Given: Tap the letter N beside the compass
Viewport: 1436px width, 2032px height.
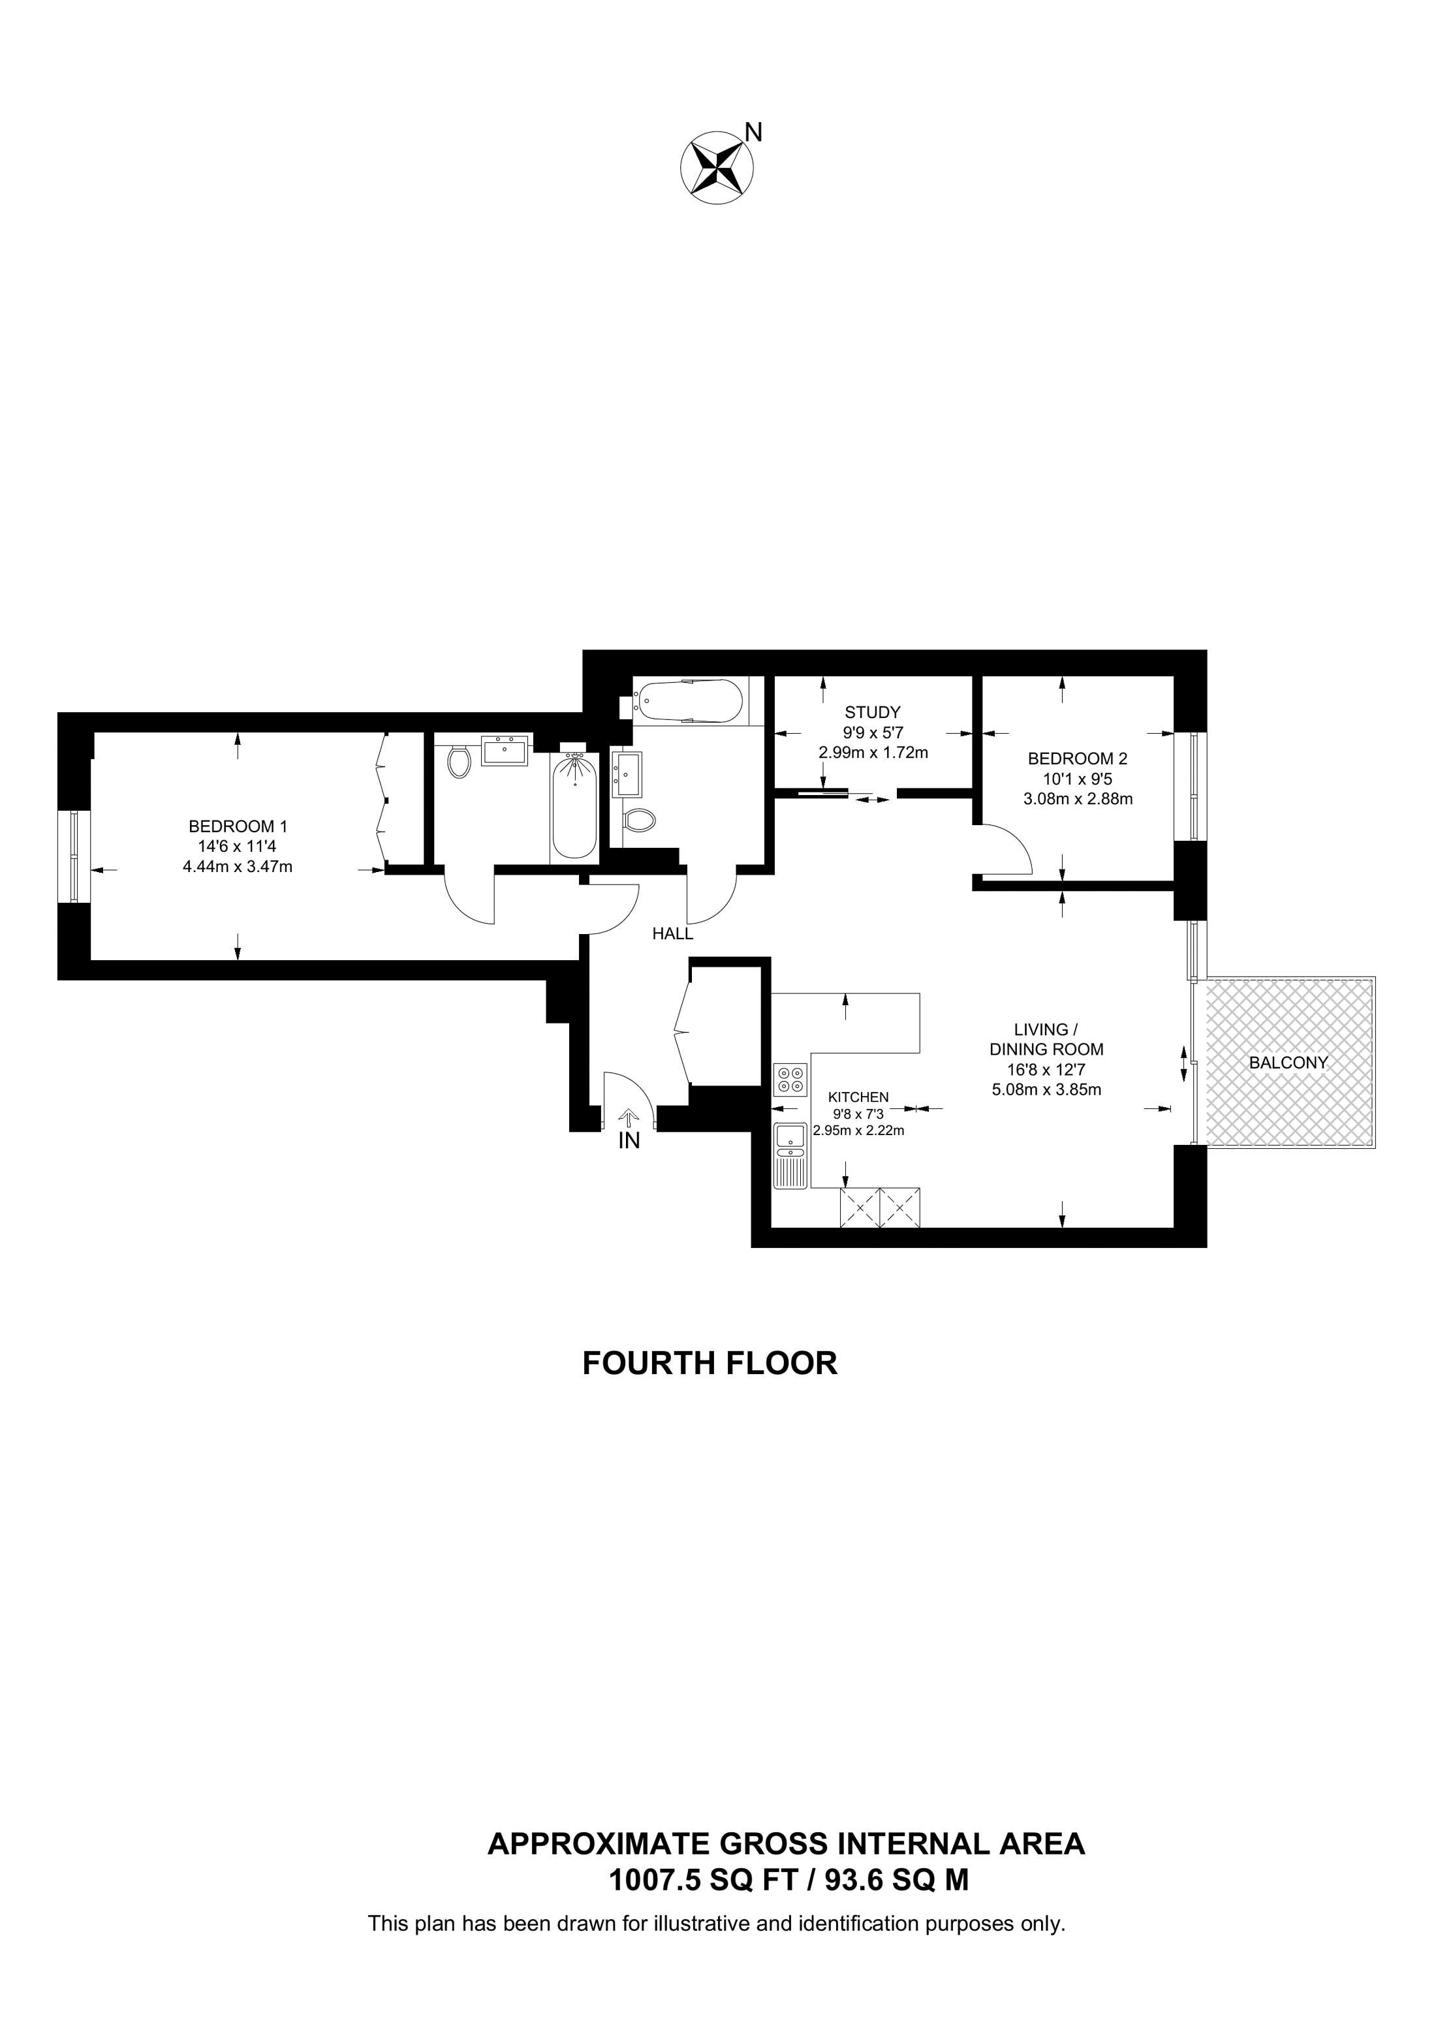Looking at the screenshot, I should pos(753,133).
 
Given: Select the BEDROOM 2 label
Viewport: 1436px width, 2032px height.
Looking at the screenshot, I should pos(1077,758).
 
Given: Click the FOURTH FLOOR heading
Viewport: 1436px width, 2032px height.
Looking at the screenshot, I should pos(709,1363).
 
